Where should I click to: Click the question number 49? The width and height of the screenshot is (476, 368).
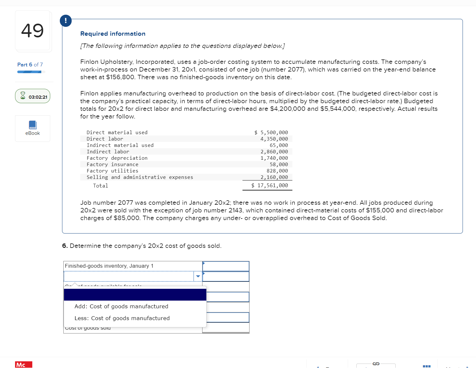[32, 31]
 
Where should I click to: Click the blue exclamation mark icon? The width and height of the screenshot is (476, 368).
[66, 21]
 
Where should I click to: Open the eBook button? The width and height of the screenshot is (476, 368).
[33, 128]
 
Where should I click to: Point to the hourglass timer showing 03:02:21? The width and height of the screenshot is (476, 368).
[33, 96]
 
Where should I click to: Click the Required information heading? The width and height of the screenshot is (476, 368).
[113, 34]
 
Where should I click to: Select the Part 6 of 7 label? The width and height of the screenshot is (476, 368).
[30, 65]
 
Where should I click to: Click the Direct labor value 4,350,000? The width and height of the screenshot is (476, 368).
[274, 139]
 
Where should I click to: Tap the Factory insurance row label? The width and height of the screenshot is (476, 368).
[112, 165]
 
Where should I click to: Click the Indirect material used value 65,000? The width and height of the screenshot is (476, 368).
[279, 145]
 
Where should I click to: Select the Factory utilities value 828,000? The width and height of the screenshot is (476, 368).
[277, 171]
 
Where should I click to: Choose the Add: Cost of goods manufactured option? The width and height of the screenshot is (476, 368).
[121, 306]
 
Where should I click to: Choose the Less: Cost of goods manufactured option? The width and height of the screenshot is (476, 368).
[122, 318]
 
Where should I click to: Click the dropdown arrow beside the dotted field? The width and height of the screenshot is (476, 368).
[198, 276]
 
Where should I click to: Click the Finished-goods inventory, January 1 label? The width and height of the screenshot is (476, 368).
[109, 266]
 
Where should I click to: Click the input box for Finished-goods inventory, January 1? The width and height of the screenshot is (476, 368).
[226, 266]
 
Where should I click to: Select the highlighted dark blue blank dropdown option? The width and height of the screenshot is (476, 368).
[135, 295]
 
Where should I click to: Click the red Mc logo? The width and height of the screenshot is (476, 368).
[23, 364]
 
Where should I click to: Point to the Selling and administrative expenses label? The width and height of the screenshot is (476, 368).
[140, 177]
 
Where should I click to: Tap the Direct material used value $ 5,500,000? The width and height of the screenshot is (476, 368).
[271, 133]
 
